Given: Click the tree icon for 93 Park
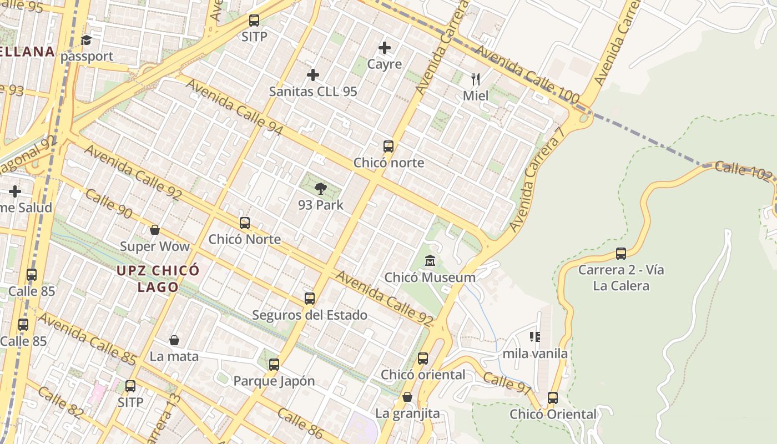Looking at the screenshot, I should click(320, 189).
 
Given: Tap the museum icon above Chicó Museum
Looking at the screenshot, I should click(430, 260).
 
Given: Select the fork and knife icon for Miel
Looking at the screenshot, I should click(475, 79).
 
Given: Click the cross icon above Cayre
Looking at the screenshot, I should click(384, 48).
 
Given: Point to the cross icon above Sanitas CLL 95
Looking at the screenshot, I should click(313, 74).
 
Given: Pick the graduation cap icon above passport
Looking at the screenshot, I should click(86, 40).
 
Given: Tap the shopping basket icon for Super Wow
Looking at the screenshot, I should click(155, 230).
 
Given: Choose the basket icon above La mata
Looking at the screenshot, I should click(174, 340).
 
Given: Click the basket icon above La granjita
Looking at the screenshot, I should click(407, 397).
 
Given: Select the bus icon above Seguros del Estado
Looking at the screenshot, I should click(310, 299).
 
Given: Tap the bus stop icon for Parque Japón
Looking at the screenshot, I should click(274, 365).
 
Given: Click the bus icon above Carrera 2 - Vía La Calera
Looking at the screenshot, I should click(621, 254).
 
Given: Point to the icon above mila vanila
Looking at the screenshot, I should click(535, 336).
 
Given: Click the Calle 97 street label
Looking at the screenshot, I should click(507, 384).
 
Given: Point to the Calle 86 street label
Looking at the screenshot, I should click(300, 421).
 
